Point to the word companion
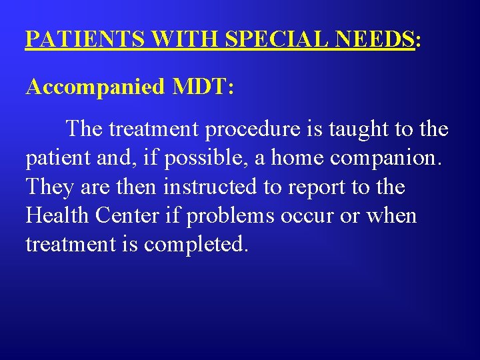[391, 158]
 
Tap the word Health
[58, 215]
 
